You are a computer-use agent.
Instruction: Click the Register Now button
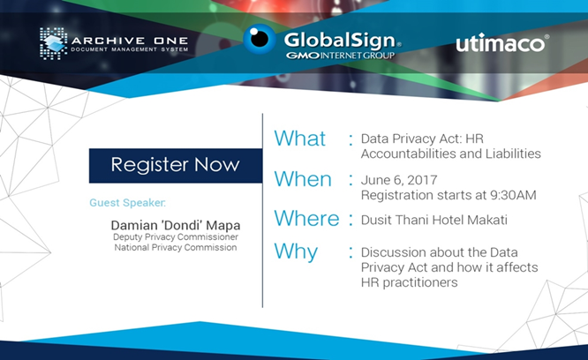click(176, 166)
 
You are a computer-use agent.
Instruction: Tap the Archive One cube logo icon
click(53, 43)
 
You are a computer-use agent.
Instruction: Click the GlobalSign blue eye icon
click(260, 39)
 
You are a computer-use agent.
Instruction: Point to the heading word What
click(299, 139)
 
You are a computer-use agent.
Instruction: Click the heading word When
click(303, 179)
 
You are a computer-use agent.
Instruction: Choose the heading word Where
click(306, 218)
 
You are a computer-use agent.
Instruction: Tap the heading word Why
click(296, 251)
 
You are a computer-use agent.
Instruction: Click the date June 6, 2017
click(399, 180)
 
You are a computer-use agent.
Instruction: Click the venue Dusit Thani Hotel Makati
click(433, 220)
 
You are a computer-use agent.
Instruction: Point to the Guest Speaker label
click(127, 203)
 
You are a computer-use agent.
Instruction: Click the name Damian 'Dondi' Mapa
click(176, 225)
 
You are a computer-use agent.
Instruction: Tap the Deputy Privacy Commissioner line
click(176, 237)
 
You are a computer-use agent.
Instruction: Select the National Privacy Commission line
click(176, 247)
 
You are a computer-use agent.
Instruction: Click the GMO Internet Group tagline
click(340, 56)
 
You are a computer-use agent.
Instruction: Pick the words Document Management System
click(130, 49)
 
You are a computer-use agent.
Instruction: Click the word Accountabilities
click(411, 154)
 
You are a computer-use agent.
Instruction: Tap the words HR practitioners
click(409, 282)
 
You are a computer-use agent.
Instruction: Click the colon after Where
click(351, 220)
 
